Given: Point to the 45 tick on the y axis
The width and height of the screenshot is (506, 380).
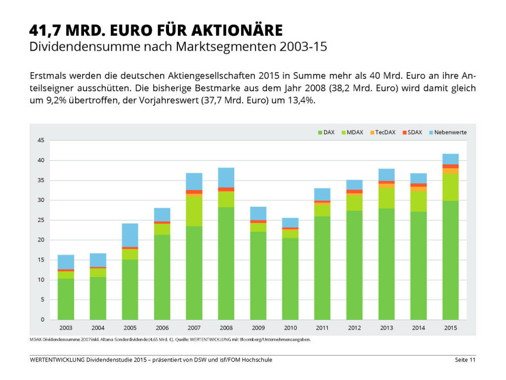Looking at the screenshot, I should point(41,141).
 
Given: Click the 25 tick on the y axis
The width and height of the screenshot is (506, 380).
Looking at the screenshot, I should point(41,220).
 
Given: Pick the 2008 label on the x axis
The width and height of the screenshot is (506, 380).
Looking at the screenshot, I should point(226,328).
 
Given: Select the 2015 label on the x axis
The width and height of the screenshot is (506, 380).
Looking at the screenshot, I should point(451,328).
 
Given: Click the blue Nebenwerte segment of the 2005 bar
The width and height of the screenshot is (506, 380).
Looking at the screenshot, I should point(130,235).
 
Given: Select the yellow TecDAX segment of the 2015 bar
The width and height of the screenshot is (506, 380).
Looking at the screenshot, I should point(451,171).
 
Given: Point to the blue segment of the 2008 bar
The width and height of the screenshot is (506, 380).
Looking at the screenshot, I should point(226,177).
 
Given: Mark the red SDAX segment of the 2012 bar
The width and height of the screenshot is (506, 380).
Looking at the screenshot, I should point(354,191).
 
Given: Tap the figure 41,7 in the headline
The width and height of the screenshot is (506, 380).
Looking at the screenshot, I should point(44,30).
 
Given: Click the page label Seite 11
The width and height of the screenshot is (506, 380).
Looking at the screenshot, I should point(465,360).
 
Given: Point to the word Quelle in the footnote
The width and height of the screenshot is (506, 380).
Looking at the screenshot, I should point(184,340).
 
